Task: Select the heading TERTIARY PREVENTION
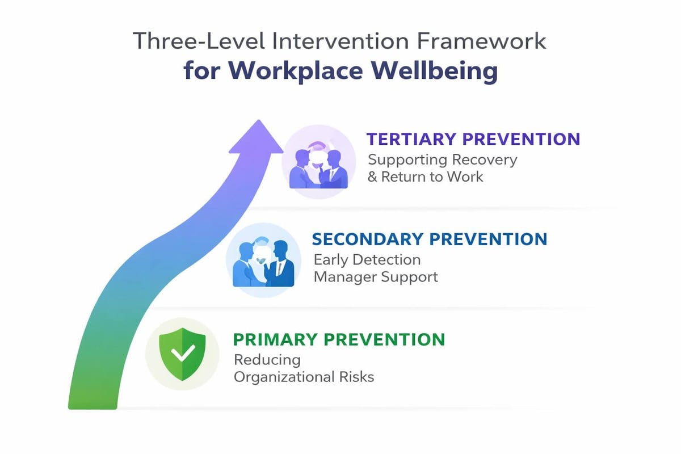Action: pos(473,139)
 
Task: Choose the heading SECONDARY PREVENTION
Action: pos(430,239)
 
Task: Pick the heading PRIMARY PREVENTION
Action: pos(339,339)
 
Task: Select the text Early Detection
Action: pos(367,260)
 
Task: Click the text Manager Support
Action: pos(376,278)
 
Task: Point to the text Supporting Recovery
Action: pos(442,159)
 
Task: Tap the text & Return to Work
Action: pos(425,177)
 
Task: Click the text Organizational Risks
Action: pos(304,377)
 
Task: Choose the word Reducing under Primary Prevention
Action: pos(267,360)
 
